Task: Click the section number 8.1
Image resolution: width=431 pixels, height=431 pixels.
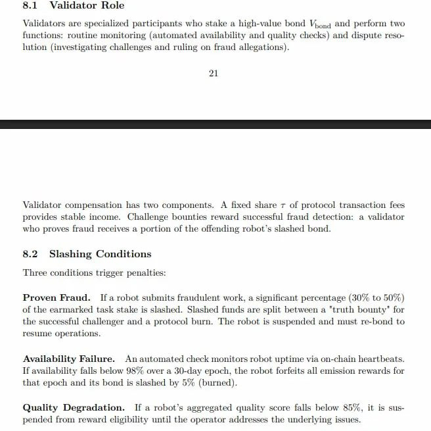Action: pos(30,6)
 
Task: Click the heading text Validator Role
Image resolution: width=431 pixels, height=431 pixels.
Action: pos(86,6)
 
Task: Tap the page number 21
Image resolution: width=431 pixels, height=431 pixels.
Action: pos(214,73)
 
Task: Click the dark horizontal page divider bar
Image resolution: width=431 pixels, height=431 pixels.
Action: pos(215,124)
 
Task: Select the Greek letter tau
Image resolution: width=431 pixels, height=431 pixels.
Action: pos(283,205)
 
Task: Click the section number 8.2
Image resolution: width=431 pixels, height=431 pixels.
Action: pos(30,254)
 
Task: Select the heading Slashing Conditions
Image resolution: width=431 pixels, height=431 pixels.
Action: pos(100,254)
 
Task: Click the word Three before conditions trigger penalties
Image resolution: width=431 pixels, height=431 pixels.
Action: pos(35,272)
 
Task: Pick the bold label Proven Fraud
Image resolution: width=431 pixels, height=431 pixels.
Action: pos(58,298)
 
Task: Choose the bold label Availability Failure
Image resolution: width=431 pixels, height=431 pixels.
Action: pos(68,359)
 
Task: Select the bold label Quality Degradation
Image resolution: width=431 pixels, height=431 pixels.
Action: pos(74,408)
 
